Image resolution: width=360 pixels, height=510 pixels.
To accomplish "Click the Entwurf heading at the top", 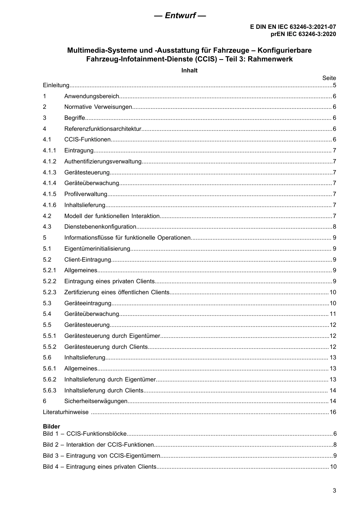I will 180,16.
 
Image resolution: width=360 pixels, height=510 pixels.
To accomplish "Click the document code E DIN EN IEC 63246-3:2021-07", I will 293,27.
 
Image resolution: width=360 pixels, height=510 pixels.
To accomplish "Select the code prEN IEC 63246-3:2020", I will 303,34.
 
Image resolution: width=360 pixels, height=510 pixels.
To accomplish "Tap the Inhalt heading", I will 189,70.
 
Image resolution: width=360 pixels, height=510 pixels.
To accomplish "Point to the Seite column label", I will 329,78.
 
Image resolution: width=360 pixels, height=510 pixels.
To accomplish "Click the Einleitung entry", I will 56,85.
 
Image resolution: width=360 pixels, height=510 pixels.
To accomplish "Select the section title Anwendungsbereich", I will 92,96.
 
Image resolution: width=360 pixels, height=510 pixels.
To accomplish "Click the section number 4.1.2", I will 49,162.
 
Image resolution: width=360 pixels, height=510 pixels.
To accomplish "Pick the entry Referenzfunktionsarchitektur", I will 102,129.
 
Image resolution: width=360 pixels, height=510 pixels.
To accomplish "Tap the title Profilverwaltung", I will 86,194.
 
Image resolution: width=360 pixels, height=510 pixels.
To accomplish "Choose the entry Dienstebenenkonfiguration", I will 100,227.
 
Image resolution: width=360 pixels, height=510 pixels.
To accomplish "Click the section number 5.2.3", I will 49,292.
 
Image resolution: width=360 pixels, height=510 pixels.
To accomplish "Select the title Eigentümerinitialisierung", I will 97,249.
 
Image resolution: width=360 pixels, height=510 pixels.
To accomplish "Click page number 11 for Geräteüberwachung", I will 333,314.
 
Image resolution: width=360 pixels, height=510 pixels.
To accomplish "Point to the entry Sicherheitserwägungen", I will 95,401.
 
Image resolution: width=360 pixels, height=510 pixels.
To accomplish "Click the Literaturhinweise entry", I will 66,412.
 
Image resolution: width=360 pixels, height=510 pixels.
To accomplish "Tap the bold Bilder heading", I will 51,426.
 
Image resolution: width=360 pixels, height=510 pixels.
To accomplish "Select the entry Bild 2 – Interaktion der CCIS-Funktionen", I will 99,445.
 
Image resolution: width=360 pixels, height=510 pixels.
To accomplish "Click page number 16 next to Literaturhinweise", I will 333,412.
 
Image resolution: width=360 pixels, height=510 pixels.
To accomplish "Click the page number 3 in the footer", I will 334,490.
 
